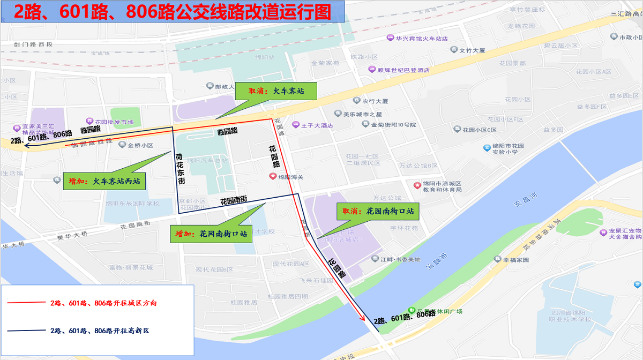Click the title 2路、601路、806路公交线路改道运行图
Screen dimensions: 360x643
tap(172, 12)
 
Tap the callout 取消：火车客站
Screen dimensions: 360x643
tap(276, 91)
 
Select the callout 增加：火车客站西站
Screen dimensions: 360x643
tap(104, 181)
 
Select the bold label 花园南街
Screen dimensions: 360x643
tap(234, 200)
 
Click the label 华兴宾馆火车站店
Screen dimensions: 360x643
tap(421, 39)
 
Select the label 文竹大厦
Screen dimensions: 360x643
tap(472, 50)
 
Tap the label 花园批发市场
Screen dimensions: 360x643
tap(114, 122)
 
